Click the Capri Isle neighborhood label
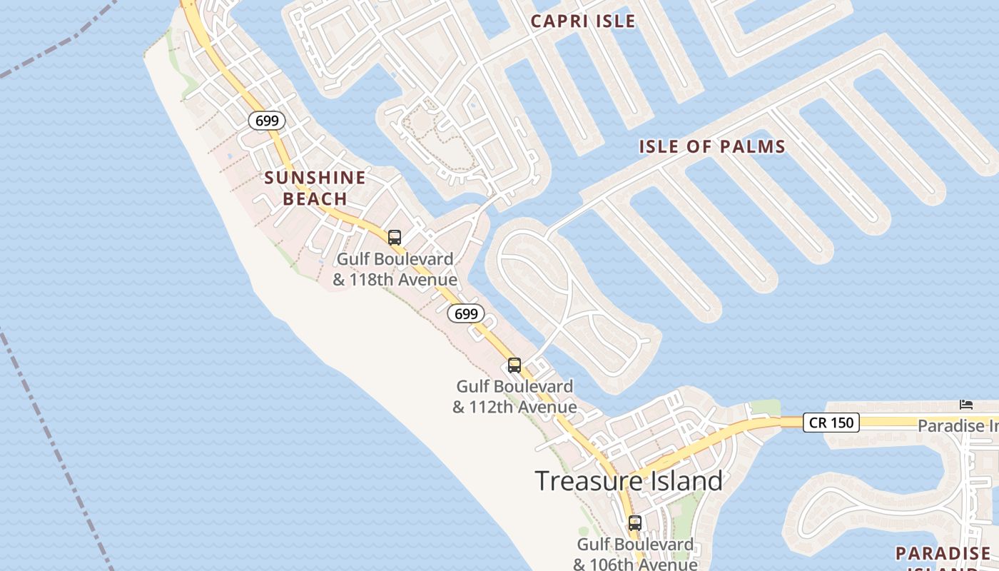click(583, 21)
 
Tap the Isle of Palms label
click(711, 147)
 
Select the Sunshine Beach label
click(315, 188)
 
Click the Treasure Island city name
click(629, 480)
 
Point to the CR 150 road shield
click(831, 423)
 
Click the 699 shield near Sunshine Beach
click(267, 121)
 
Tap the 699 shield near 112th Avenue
click(466, 313)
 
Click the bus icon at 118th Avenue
click(395, 238)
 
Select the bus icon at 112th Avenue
click(514, 365)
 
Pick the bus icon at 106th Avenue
click(635, 522)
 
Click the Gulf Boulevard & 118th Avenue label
click(395, 269)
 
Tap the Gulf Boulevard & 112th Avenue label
click(514, 397)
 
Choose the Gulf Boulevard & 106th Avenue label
click(635, 554)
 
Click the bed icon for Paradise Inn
click(965, 404)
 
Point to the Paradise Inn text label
click(958, 426)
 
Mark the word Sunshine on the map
click(315, 178)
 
